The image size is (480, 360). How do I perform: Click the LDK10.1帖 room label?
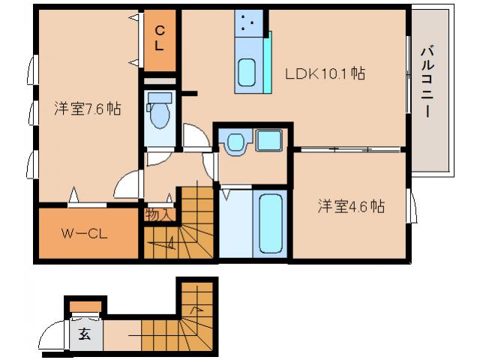pos(325,74)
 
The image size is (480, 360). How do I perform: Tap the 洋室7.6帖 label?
pos(87,108)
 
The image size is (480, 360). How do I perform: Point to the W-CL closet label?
pos(84,233)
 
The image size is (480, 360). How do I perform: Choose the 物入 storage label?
pos(159,214)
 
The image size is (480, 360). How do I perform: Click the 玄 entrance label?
pos(85,334)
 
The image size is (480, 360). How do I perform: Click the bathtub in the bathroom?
pos(268,223)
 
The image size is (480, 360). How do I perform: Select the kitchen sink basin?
pos(247,73)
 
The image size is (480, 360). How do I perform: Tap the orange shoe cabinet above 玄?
pos(85,304)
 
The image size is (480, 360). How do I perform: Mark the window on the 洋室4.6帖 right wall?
pos(410,205)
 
